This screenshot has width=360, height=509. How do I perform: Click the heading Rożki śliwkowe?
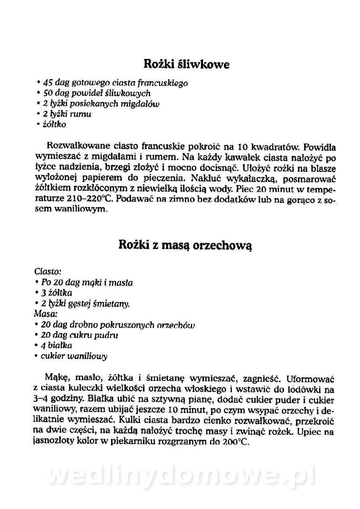(x=187, y=65)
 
